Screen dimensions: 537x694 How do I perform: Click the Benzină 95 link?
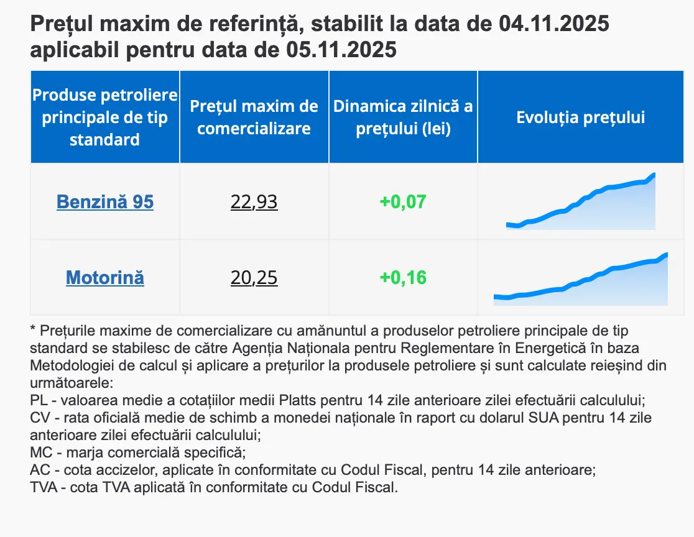104,202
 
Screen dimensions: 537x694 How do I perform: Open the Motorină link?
104,277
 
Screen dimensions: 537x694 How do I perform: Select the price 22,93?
254,202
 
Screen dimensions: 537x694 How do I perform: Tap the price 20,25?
254,277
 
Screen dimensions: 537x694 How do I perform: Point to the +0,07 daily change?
403,202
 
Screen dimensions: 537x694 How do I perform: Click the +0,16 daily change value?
403,277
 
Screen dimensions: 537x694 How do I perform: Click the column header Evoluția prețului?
580,117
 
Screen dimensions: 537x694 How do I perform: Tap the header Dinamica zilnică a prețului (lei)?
403,117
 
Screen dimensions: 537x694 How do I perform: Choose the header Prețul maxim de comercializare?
254,117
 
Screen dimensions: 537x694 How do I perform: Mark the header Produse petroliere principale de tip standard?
104,117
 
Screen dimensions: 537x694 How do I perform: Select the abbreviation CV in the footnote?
39,418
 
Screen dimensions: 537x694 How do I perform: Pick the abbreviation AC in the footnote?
39,470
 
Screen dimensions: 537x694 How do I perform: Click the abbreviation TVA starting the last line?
43,487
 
